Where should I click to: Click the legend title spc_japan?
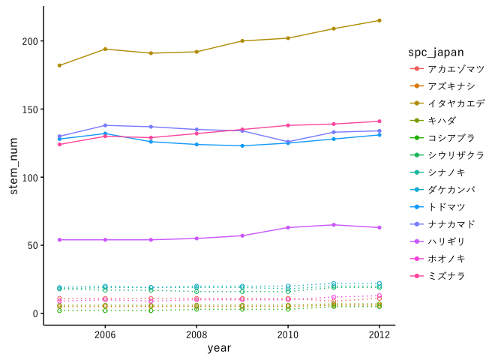click(x=435, y=52)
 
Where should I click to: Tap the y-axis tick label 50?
click(x=32, y=245)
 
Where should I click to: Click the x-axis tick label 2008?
click(x=196, y=334)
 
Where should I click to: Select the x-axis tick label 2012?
click(x=379, y=334)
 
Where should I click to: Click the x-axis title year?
click(x=219, y=348)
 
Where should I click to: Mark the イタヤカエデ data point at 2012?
click(x=379, y=20)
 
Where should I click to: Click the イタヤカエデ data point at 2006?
click(x=105, y=49)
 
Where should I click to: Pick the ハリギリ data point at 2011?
click(x=334, y=225)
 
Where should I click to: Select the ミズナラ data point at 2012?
click(x=379, y=121)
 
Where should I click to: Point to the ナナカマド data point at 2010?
click(x=288, y=142)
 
